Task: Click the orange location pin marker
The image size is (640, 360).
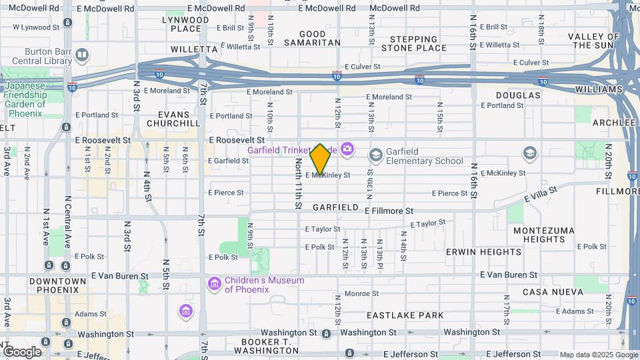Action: tap(321, 159)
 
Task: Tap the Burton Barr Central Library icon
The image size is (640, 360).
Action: tap(81, 55)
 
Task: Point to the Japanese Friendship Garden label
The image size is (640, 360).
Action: tap(27, 99)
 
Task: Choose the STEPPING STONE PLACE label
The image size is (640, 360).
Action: tap(418, 43)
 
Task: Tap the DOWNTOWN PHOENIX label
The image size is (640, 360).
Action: tap(58, 285)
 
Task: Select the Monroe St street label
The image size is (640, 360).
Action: tap(362, 293)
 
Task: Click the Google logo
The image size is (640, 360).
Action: tap(22, 352)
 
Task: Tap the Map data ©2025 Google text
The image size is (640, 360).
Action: tap(598, 355)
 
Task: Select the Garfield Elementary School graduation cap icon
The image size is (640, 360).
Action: tap(375, 155)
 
